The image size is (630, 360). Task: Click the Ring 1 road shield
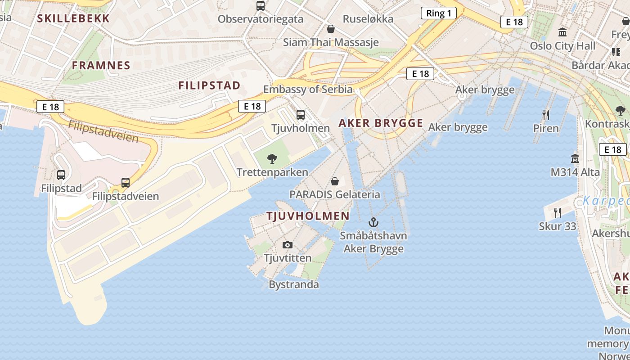click(438, 13)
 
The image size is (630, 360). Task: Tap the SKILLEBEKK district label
click(73, 18)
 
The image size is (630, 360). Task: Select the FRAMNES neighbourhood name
click(101, 65)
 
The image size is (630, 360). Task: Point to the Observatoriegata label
click(261, 19)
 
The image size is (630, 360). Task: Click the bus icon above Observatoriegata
click(261, 6)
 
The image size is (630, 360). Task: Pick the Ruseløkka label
click(368, 19)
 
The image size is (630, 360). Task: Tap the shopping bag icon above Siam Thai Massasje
click(331, 29)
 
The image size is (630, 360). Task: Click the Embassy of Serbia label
click(308, 89)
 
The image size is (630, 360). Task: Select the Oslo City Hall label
click(562, 46)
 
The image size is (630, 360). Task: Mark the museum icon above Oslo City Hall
click(562, 32)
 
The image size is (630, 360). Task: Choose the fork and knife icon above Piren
click(546, 115)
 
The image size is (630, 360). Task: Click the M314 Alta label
click(575, 172)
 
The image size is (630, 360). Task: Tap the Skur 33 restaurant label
click(558, 226)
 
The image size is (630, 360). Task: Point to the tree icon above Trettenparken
click(272, 158)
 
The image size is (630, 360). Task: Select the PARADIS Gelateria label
click(335, 194)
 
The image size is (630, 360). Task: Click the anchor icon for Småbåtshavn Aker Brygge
click(373, 222)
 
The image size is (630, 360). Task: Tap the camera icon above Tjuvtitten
click(288, 245)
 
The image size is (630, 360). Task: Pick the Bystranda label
click(294, 284)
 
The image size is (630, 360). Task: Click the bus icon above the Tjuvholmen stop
click(301, 115)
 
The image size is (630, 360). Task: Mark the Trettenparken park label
click(272, 172)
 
